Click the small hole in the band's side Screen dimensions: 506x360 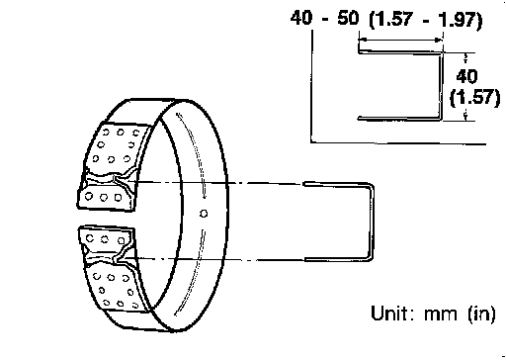click(x=204, y=214)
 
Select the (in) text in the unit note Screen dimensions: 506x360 click(x=481, y=314)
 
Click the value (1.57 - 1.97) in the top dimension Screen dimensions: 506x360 click(x=426, y=20)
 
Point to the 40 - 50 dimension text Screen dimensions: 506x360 click(x=324, y=18)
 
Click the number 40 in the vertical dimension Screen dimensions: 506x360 click(x=466, y=76)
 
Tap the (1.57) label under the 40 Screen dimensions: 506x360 click(x=474, y=98)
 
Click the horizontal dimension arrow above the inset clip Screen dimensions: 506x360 click(x=400, y=40)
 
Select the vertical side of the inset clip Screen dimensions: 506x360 click(x=440, y=85)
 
